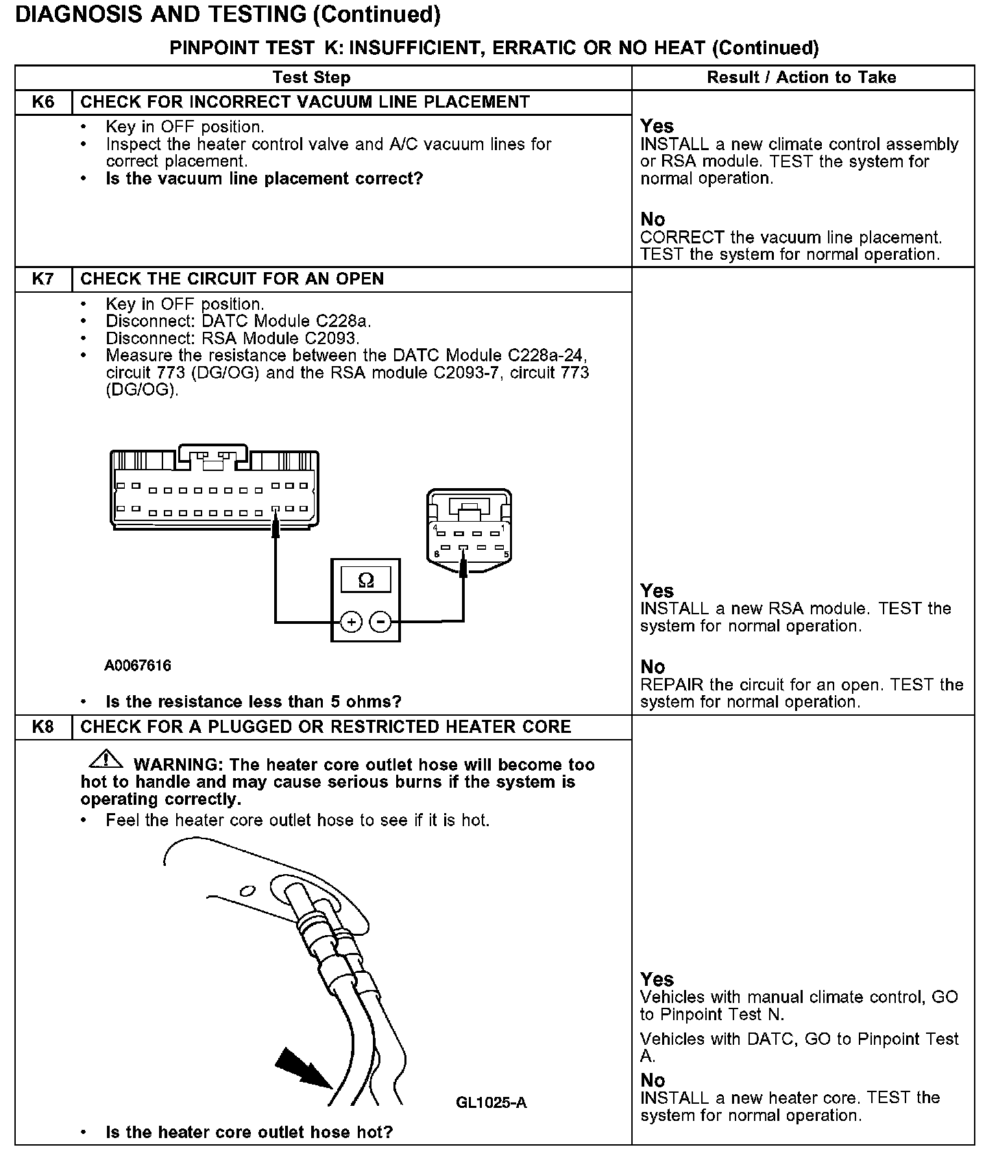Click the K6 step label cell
tap(43, 102)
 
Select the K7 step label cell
tap(43, 279)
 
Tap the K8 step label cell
tap(43, 727)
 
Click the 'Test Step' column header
tap(311, 77)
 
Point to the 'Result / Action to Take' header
tap(801, 77)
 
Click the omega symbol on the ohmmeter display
tap(366, 581)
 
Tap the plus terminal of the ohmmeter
tap(351, 622)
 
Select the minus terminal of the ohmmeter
tap(380, 622)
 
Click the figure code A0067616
tap(138, 665)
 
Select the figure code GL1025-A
tap(491, 1102)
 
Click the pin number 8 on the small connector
tap(437, 554)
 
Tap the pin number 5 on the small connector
tap(506, 554)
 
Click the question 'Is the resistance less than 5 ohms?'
tap(254, 701)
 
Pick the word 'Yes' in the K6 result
tap(657, 126)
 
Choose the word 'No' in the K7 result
tap(653, 666)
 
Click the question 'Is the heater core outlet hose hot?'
tap(249, 1132)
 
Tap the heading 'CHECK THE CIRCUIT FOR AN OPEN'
tap(232, 279)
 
